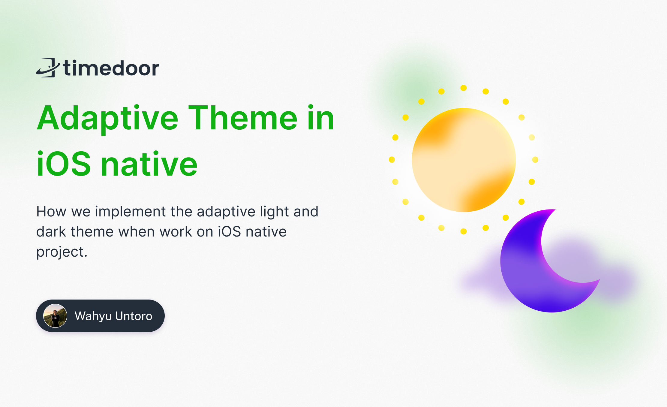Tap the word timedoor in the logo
111,68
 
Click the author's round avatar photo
55,316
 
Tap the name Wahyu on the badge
93,316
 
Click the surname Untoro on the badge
134,316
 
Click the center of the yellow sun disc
464,160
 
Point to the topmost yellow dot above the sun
464,88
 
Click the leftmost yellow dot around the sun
392,160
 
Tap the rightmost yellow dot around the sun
535,160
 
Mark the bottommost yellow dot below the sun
464,231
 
